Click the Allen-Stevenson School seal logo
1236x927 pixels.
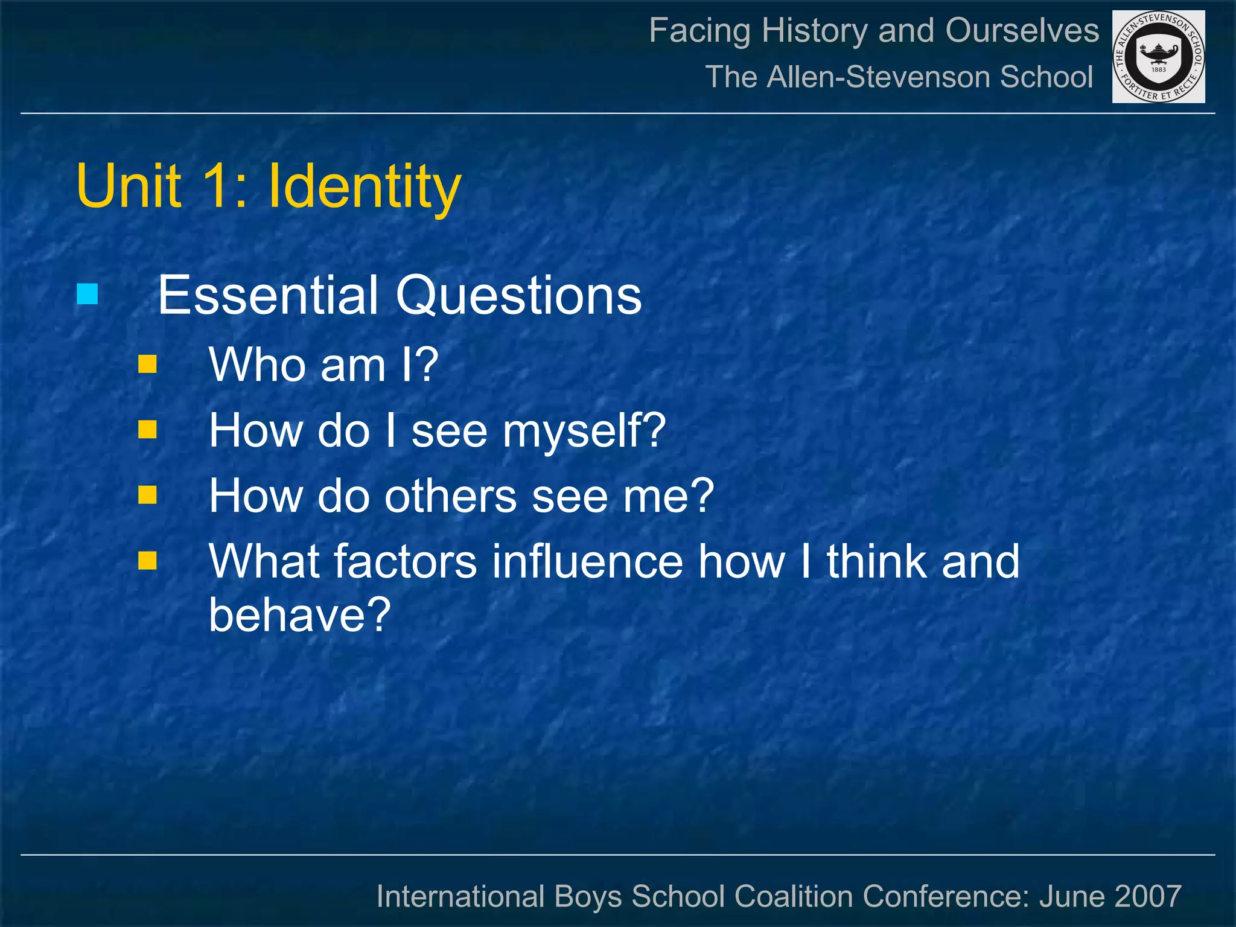pyautogui.click(x=1158, y=57)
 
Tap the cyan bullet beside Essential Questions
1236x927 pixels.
pyautogui.click(x=88, y=295)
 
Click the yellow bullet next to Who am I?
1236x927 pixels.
pyautogui.click(x=147, y=365)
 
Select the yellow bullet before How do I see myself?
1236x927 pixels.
pyautogui.click(x=147, y=430)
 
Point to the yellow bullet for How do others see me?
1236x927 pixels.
pyautogui.click(x=147, y=495)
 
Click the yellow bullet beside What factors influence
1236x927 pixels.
pyautogui.click(x=147, y=561)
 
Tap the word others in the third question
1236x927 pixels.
pyautogui.click(x=450, y=496)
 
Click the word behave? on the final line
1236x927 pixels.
pyautogui.click(x=300, y=614)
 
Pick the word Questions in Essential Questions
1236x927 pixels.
pyautogui.click(x=518, y=296)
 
